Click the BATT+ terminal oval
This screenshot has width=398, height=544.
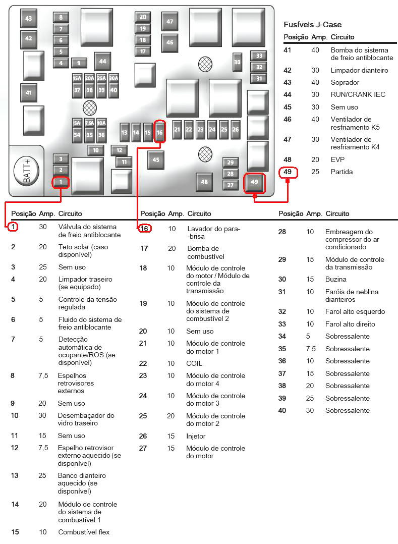27,172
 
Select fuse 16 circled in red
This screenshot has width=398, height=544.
159,132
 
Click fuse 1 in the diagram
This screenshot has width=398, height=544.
61,182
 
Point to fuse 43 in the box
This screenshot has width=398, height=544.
28,19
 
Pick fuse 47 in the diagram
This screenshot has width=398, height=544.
169,22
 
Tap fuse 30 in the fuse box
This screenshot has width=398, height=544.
237,63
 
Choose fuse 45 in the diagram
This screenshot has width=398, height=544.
156,160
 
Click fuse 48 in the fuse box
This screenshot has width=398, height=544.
204,182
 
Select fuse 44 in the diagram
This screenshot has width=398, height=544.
102,62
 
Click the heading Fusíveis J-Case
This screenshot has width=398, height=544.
312,25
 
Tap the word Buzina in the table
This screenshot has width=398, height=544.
335,279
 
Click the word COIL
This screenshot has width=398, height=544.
194,363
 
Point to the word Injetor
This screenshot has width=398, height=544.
196,436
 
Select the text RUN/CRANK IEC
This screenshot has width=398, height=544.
358,94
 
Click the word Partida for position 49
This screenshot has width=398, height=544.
342,172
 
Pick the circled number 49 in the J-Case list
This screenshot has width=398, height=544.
288,172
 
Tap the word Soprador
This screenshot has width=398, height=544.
345,83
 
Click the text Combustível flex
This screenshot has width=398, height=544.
84,532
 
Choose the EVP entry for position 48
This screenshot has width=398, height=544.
337,159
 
